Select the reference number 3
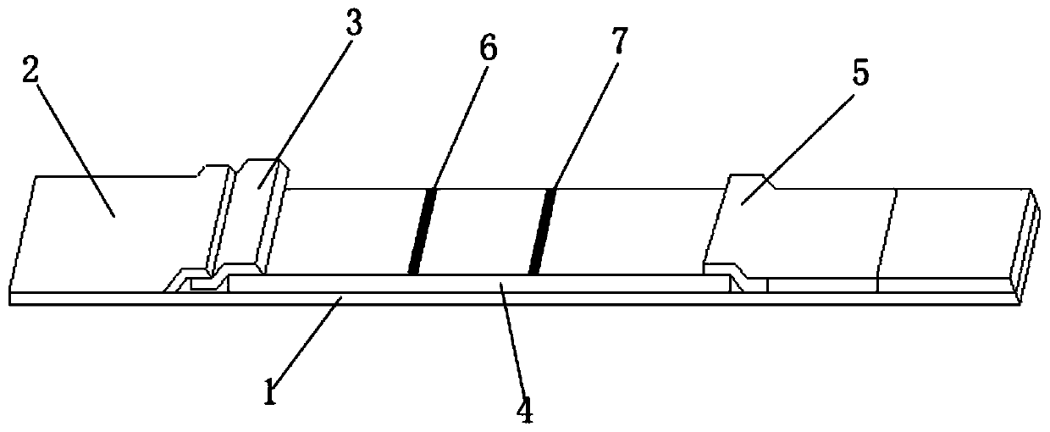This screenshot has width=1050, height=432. tap(354, 25)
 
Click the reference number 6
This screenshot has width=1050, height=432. tap(489, 49)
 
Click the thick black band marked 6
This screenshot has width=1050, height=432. tap(422, 231)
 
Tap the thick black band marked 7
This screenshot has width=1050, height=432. tap(541, 231)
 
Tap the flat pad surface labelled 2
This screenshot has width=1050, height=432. tap(110, 229)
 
